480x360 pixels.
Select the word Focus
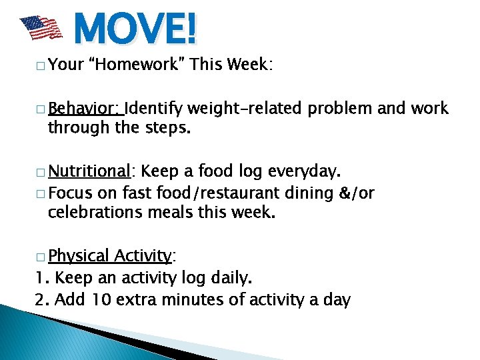pyautogui.click(x=70, y=193)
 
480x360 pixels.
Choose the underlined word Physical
pyautogui.click(x=78, y=256)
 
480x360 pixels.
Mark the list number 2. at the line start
pyautogui.click(x=41, y=299)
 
